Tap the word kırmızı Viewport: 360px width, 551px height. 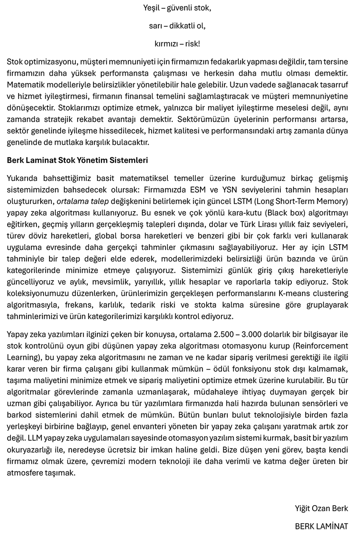166,44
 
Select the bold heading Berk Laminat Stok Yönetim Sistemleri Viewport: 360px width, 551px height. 77,161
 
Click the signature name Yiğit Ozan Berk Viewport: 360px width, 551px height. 321,508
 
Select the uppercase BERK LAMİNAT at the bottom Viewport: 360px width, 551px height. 321,526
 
